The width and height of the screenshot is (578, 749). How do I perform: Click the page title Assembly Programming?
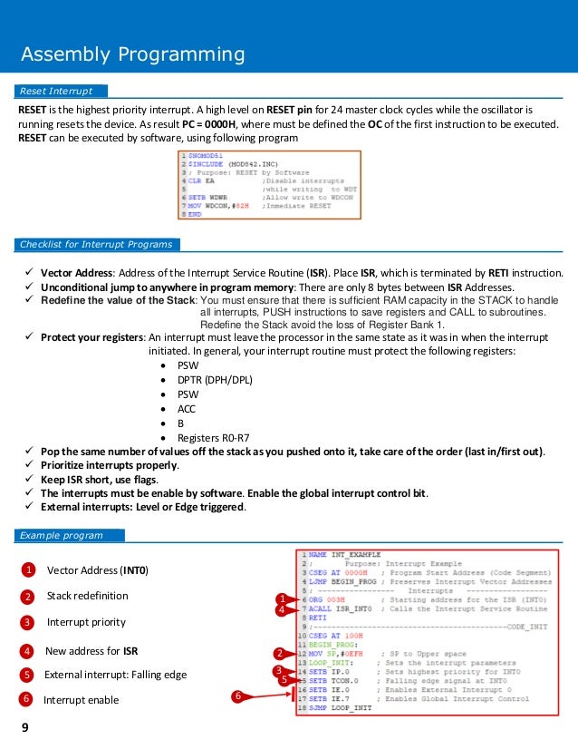point(133,55)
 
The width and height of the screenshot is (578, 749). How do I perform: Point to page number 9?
point(25,726)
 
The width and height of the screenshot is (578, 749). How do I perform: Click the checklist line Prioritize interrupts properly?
point(115,465)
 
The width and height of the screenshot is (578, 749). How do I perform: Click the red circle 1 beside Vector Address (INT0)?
point(27,570)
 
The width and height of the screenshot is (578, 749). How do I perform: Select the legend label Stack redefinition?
point(87,596)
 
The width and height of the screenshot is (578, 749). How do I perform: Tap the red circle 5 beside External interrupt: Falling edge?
point(27,675)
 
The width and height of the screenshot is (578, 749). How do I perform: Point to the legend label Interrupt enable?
point(81,699)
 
